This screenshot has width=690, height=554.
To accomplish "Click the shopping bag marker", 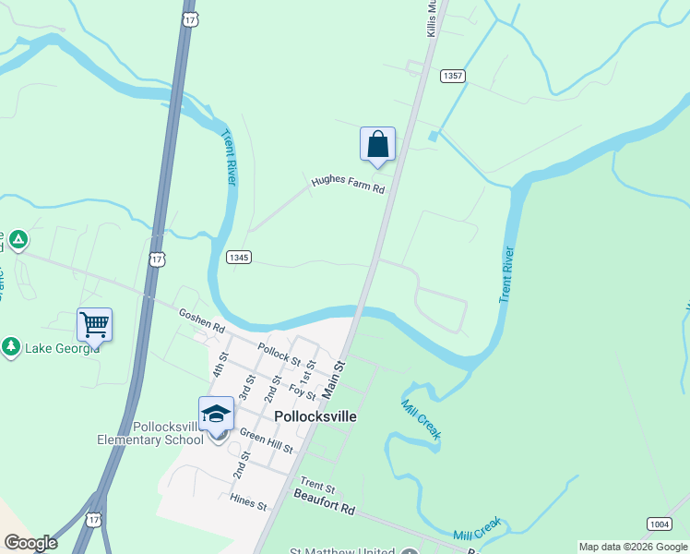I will (x=377, y=144).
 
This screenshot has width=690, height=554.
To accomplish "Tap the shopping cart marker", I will (x=95, y=324).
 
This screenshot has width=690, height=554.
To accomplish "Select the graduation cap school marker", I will (x=216, y=414).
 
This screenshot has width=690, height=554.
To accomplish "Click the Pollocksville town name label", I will (x=315, y=416).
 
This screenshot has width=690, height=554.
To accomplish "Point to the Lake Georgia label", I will (x=62, y=348).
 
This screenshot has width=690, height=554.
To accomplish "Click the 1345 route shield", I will (x=238, y=258).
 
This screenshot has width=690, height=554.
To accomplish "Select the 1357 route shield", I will (x=452, y=76).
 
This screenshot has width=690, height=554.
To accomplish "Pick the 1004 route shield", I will (x=658, y=524).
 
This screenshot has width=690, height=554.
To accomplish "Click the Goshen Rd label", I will (x=201, y=321).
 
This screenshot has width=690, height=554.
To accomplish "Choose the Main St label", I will (x=332, y=379).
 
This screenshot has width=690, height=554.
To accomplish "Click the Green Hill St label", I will (x=266, y=440).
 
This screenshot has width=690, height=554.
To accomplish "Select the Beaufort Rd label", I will (x=324, y=509).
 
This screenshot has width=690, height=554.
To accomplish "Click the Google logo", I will (x=30, y=543).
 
